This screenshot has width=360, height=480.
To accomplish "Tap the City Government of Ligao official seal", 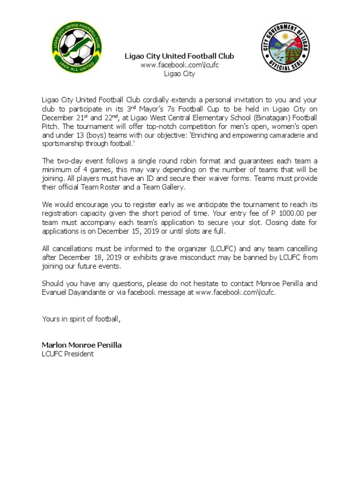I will pyautogui.click(x=286, y=47).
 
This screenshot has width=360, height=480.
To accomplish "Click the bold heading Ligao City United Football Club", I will pyautogui.click(x=179, y=56).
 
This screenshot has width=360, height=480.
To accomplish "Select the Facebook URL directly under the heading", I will pyautogui.click(x=180, y=65).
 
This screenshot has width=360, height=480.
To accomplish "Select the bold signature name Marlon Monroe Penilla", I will pyautogui.click(x=82, y=345).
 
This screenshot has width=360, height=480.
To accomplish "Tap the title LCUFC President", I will pyautogui.click(x=68, y=354).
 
